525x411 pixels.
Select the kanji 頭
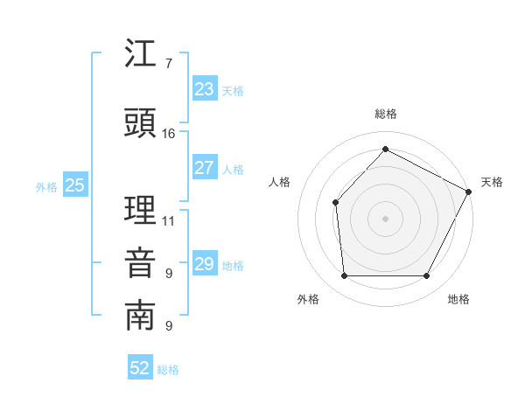(x=141, y=123)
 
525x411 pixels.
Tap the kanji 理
(x=141, y=211)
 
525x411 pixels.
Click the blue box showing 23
(x=205, y=89)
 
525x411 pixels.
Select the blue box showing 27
(x=205, y=168)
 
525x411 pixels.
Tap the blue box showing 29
(x=205, y=264)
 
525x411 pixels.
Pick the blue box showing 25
(x=75, y=185)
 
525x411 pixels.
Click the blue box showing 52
(x=140, y=368)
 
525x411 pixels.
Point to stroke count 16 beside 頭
(x=169, y=134)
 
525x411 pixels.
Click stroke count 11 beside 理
(x=169, y=220)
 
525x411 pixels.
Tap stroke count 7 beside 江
(x=168, y=64)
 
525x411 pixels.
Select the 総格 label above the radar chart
(x=385, y=114)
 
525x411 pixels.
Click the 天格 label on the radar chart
(x=492, y=182)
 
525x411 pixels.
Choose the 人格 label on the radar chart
(x=279, y=182)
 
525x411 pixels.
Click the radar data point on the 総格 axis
(x=385, y=149)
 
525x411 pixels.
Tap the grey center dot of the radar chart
(x=385, y=218)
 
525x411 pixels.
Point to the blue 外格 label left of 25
(x=46, y=186)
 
